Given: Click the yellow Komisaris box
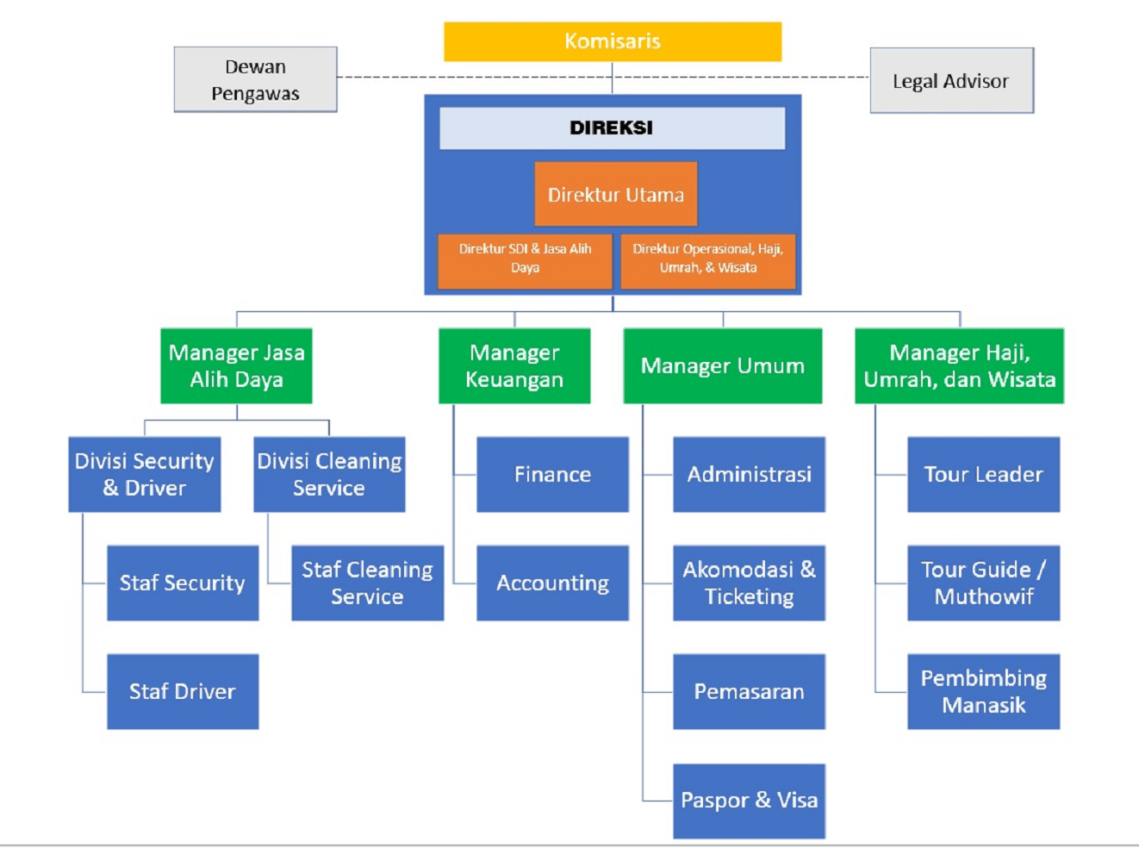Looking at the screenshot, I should click(612, 41).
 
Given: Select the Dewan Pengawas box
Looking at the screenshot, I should click(255, 79).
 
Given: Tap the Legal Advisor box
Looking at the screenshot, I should click(950, 81).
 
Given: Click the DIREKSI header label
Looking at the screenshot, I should click(612, 128).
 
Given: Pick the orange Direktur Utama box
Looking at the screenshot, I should click(615, 195).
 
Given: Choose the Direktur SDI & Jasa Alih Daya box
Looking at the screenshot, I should click(525, 259).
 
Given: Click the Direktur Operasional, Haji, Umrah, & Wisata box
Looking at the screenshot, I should click(707, 259).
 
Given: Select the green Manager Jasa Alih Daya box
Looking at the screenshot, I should click(236, 366).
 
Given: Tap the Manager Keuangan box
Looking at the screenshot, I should click(514, 366).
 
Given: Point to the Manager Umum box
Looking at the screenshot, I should click(722, 366).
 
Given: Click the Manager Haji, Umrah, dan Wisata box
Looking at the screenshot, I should click(959, 366).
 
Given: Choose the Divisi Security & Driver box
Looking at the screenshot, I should click(145, 475).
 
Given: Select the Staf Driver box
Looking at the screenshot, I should click(183, 691).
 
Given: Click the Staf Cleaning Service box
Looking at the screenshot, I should click(367, 583).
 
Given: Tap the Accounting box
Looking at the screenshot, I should click(552, 583).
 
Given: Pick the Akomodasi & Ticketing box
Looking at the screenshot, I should click(749, 583).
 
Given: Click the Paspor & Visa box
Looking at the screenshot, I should click(749, 801).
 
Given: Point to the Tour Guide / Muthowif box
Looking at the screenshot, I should click(983, 583).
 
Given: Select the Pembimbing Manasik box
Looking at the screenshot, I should click(983, 691).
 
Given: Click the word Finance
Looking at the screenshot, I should click(552, 475).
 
